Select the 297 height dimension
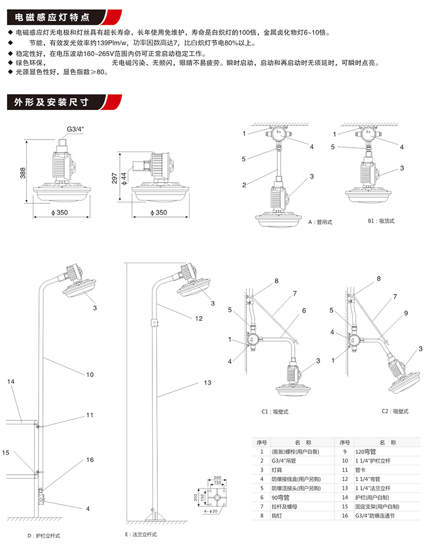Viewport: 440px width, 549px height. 114,179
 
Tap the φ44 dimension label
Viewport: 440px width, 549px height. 124,178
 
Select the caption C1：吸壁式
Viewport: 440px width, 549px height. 275,411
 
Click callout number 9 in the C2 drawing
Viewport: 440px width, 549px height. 406,313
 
